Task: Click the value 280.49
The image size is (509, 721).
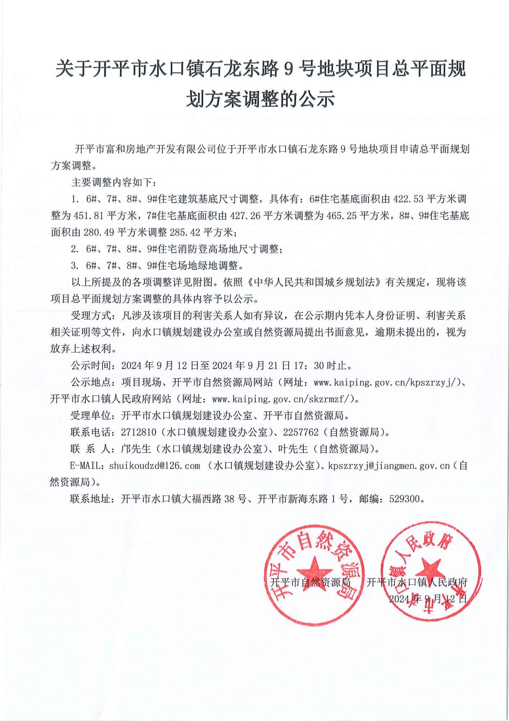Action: pos(99,232)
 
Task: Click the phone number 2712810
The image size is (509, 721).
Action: pos(139,432)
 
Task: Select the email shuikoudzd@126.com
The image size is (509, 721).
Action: pos(154,466)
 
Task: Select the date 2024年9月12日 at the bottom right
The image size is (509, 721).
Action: pos(427,599)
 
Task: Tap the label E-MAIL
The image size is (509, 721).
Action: pos(88,466)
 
